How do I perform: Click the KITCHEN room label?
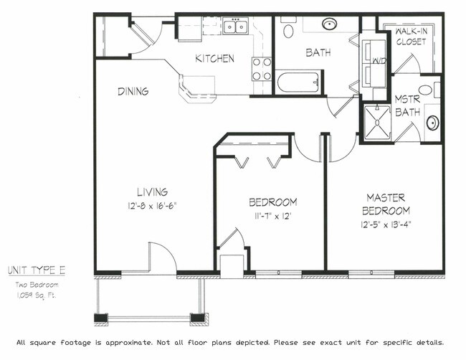(215, 58)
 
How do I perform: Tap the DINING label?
(133, 91)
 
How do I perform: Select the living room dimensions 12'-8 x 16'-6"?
(153, 204)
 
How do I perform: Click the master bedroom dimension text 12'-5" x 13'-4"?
(387, 224)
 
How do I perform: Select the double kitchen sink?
(234, 27)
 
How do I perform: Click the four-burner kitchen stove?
(262, 69)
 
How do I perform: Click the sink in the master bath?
(433, 123)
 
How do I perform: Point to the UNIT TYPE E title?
(37, 270)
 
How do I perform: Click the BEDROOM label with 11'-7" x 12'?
(272, 202)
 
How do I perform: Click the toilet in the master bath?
(426, 90)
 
